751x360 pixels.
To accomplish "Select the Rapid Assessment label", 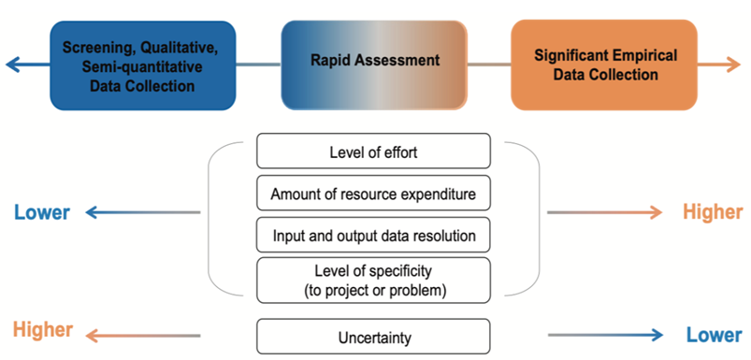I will tap(374, 61).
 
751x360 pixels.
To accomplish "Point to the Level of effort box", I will tap(373, 151).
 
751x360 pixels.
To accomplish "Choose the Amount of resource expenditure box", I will tap(373, 194).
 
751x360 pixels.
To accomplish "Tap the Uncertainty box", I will tap(373, 336).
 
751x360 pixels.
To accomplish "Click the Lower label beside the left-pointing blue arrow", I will tap(42, 212).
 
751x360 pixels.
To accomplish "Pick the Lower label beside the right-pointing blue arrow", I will tap(713, 335).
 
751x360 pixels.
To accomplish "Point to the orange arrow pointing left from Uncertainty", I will tap(140, 335).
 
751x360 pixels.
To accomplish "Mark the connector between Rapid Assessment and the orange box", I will tap(488, 64).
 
